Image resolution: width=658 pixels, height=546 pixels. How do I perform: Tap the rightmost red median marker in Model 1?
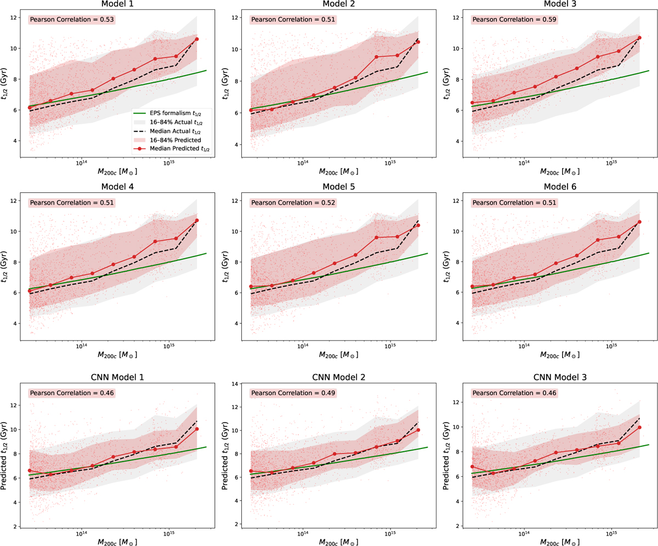pyautogui.click(x=197, y=39)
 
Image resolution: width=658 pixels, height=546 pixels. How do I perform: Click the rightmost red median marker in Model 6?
pyautogui.click(x=639, y=222)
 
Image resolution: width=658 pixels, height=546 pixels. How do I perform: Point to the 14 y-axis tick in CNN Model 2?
pyautogui.click(x=236, y=384)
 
